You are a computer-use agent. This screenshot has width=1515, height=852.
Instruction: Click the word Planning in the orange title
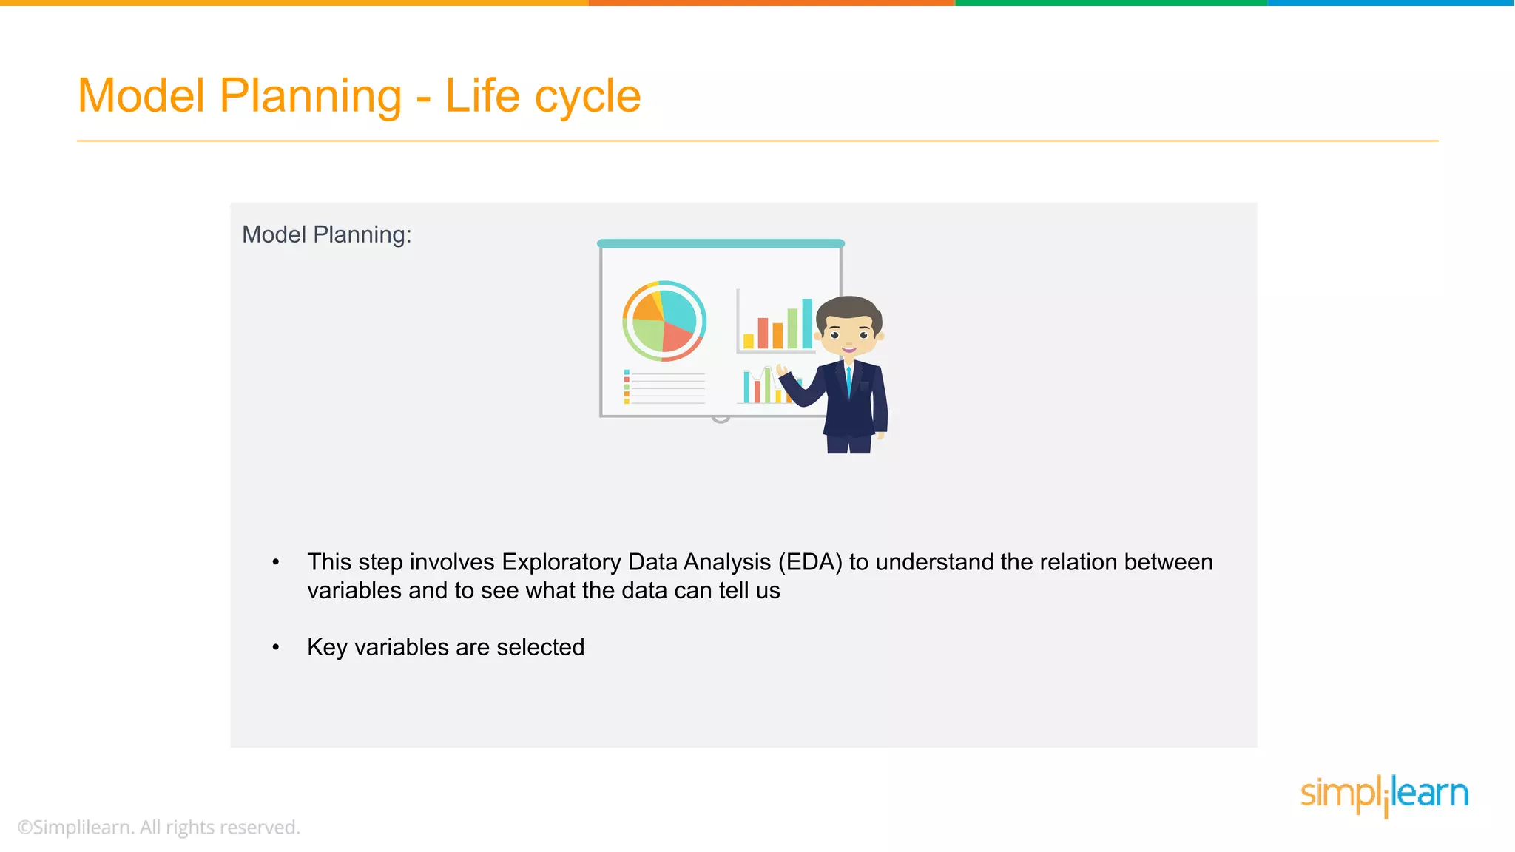311,96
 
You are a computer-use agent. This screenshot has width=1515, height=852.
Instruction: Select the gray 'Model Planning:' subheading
326,234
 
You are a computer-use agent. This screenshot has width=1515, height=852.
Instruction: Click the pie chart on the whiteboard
664,321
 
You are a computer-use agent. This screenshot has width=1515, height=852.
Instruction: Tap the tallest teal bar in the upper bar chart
807,323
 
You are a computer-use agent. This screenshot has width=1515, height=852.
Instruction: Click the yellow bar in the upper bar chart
749,341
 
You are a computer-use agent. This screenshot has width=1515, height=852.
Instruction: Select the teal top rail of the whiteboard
721,243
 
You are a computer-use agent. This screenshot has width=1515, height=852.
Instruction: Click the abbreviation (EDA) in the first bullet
810,562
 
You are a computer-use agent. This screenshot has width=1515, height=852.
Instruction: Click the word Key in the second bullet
327,647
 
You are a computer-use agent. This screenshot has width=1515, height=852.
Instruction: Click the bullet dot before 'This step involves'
276,563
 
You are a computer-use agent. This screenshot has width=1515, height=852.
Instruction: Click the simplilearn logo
1384,794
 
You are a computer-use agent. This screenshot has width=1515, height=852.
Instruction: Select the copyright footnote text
159,827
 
